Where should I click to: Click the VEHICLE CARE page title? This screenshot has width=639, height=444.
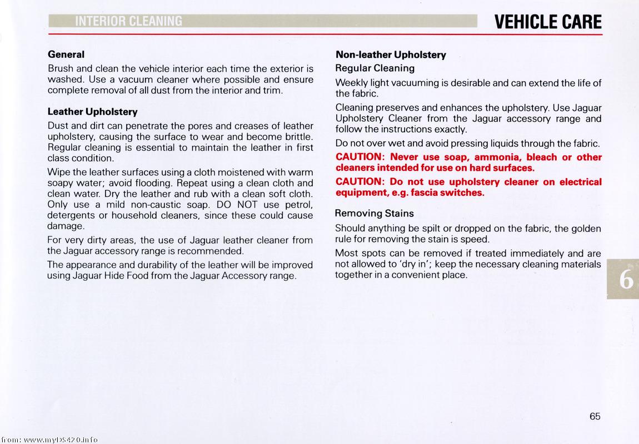(x=547, y=22)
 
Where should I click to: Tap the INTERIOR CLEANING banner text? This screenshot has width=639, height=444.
(x=128, y=22)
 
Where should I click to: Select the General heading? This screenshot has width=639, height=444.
(x=66, y=54)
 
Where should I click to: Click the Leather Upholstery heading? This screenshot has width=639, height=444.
(x=92, y=112)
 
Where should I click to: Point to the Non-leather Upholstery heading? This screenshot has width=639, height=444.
(x=391, y=54)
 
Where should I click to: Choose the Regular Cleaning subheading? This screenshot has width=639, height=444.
(x=375, y=68)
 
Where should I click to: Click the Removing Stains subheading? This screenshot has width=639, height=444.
(x=374, y=213)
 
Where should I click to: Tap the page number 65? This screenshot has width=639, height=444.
(x=595, y=416)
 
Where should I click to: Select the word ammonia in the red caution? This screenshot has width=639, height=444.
(x=497, y=157)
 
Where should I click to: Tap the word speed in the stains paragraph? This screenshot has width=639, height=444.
(x=475, y=239)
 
